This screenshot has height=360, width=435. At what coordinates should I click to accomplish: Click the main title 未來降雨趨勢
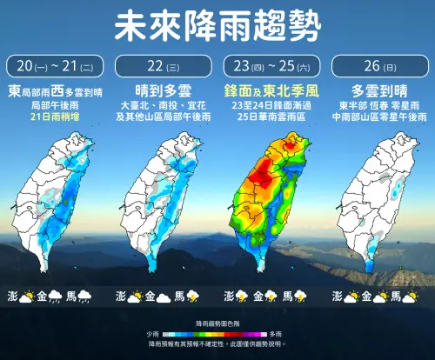tap(217, 25)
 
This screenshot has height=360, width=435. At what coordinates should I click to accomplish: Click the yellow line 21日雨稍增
tap(57, 116)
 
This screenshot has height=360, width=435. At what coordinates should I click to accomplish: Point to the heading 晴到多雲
tap(163, 90)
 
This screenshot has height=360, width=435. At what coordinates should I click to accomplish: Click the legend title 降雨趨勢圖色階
tap(217, 322)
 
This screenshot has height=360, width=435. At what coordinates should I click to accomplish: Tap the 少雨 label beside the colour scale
tap(152, 333)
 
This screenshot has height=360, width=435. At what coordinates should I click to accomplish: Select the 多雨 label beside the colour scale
tap(276, 333)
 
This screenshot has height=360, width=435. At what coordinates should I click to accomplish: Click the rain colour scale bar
tap(214, 333)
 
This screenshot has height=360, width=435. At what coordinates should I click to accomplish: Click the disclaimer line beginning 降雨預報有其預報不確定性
tap(217, 343)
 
